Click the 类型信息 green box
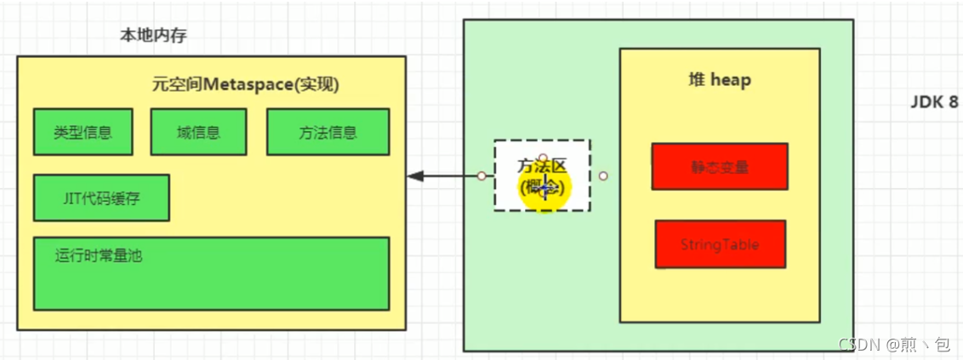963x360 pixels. coord(83,132)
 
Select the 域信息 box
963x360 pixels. coord(198,132)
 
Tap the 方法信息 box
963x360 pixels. coord(328,132)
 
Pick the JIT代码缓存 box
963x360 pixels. coord(101,197)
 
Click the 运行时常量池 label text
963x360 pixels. coord(99,254)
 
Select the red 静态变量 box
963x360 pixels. coord(719,167)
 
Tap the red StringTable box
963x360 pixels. coord(720,244)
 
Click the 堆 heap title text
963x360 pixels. coord(720,80)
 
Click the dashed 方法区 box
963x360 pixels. coord(542,175)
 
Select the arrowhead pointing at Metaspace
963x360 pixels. coord(415,176)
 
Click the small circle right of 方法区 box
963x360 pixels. coord(603,176)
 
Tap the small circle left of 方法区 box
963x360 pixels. coord(481,176)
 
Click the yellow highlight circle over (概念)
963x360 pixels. coord(544,187)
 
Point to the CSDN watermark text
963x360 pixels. coord(893,344)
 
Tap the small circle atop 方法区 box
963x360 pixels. coord(543,157)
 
